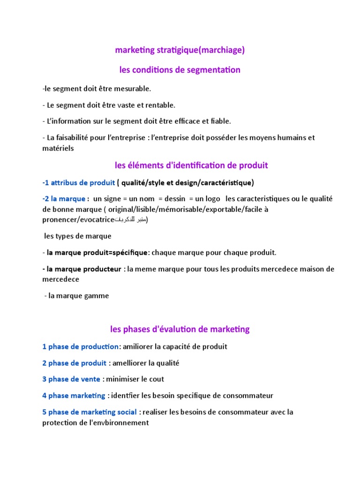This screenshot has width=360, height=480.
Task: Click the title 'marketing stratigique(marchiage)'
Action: pyautogui.click(x=180, y=50)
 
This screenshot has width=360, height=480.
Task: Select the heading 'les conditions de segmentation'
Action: pyautogui.click(x=180, y=70)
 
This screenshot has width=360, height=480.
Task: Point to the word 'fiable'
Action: pyautogui.click(x=220, y=121)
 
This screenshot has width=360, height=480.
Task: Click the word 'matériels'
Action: pyautogui.click(x=58, y=148)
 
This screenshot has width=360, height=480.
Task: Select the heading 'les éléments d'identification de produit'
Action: pyautogui.click(x=191, y=165)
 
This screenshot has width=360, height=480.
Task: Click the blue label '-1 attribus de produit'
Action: pyautogui.click(x=78, y=182)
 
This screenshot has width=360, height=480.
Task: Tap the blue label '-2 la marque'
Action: pyautogui.click(x=64, y=199)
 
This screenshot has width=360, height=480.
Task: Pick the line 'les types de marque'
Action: pyautogui.click(x=77, y=236)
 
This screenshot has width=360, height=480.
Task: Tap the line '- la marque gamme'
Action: pyautogui.click(x=77, y=296)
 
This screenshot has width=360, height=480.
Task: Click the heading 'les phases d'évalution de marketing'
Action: pyautogui.click(x=180, y=330)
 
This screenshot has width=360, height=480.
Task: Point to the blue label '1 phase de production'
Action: pyautogui.click(x=80, y=346)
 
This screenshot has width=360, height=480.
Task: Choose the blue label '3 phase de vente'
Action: pyautogui.click(x=71, y=379)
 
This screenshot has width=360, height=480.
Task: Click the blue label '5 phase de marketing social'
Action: pyautogui.click(x=89, y=412)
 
